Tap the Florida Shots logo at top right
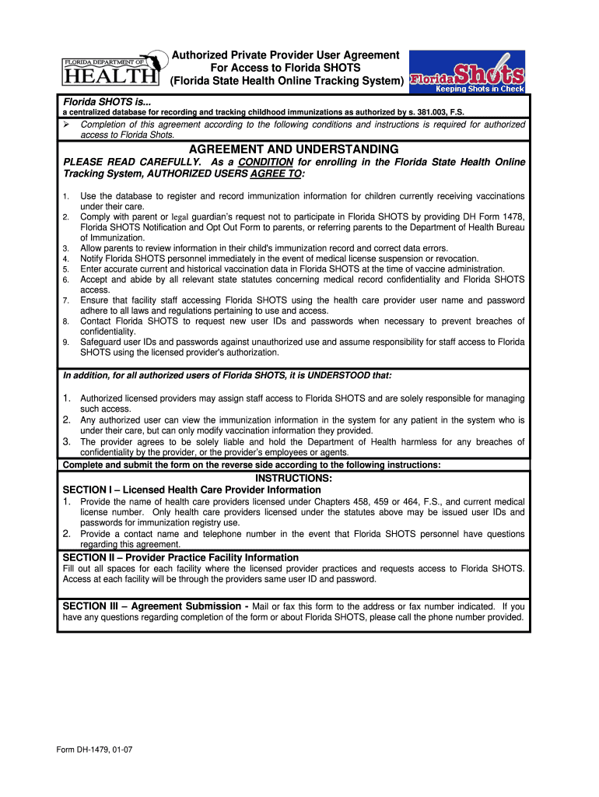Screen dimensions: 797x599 (x=467, y=72)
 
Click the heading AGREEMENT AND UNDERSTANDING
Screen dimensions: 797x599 (x=293, y=149)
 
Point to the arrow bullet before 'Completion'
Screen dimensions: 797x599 (x=68, y=125)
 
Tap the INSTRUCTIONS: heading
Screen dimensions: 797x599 (x=293, y=478)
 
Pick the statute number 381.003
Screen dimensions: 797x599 (x=418, y=112)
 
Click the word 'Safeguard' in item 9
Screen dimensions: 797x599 (x=103, y=342)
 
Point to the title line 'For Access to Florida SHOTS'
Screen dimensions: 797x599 (x=285, y=68)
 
